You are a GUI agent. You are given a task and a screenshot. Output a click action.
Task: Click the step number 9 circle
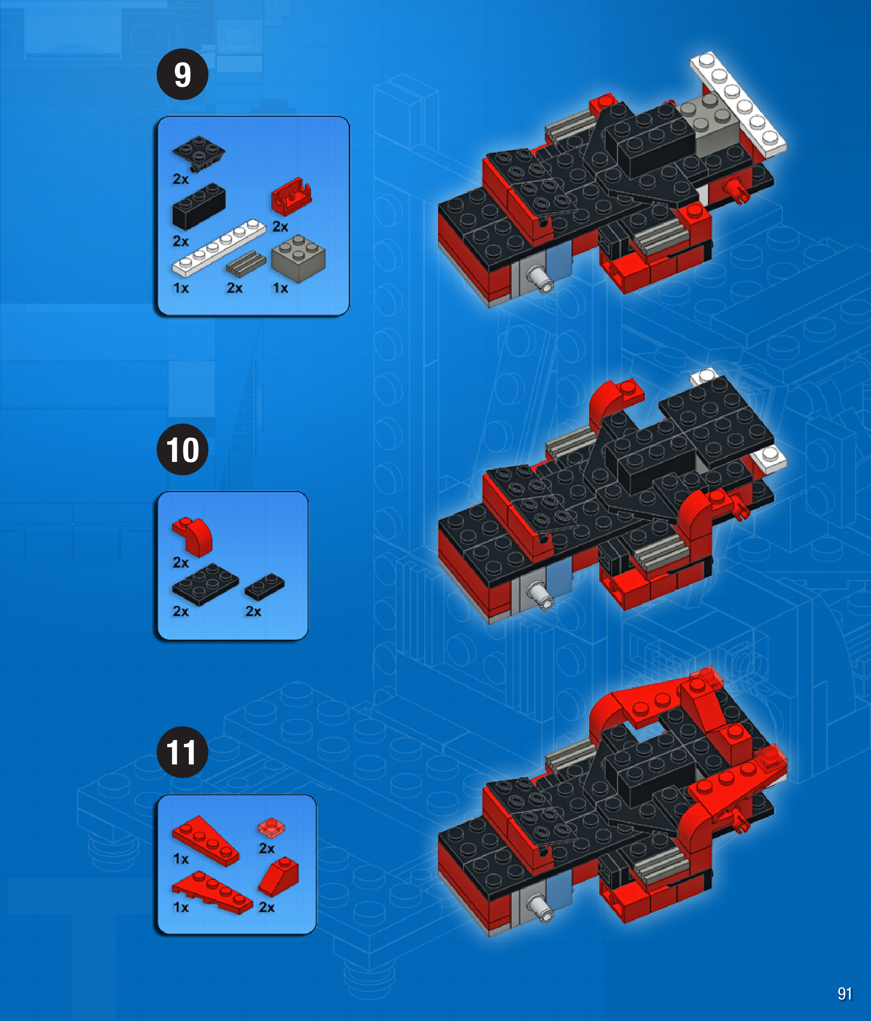coord(183,74)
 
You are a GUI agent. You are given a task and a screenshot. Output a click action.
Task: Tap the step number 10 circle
coord(183,449)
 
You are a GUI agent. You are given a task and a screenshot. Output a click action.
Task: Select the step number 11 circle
coord(183,752)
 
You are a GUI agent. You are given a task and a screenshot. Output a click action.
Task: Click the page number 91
coord(844,993)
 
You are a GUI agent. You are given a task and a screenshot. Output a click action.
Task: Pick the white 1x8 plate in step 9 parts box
coord(219,247)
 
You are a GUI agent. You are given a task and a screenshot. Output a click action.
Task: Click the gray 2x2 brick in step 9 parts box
coord(298,258)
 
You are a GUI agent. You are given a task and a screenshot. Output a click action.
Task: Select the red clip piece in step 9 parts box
coord(291,196)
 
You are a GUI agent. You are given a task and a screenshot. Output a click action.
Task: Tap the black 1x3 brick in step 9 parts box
coord(199,206)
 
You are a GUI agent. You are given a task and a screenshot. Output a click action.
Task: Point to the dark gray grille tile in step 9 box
coord(246,263)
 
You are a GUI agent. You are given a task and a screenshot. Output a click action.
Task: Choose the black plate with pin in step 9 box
coord(199,153)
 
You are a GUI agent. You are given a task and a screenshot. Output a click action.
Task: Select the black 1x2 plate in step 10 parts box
coord(265,586)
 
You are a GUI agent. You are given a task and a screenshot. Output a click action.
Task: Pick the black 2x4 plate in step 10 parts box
coord(205,584)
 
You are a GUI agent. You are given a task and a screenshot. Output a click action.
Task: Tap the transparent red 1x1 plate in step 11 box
coord(271,827)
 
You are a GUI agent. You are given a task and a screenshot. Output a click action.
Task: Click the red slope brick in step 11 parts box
coord(278,876)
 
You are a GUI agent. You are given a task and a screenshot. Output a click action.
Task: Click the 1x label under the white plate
coord(181,288)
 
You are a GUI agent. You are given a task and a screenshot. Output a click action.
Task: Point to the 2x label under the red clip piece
coord(280,226)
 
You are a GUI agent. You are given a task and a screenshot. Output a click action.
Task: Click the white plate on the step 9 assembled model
coord(738,104)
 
